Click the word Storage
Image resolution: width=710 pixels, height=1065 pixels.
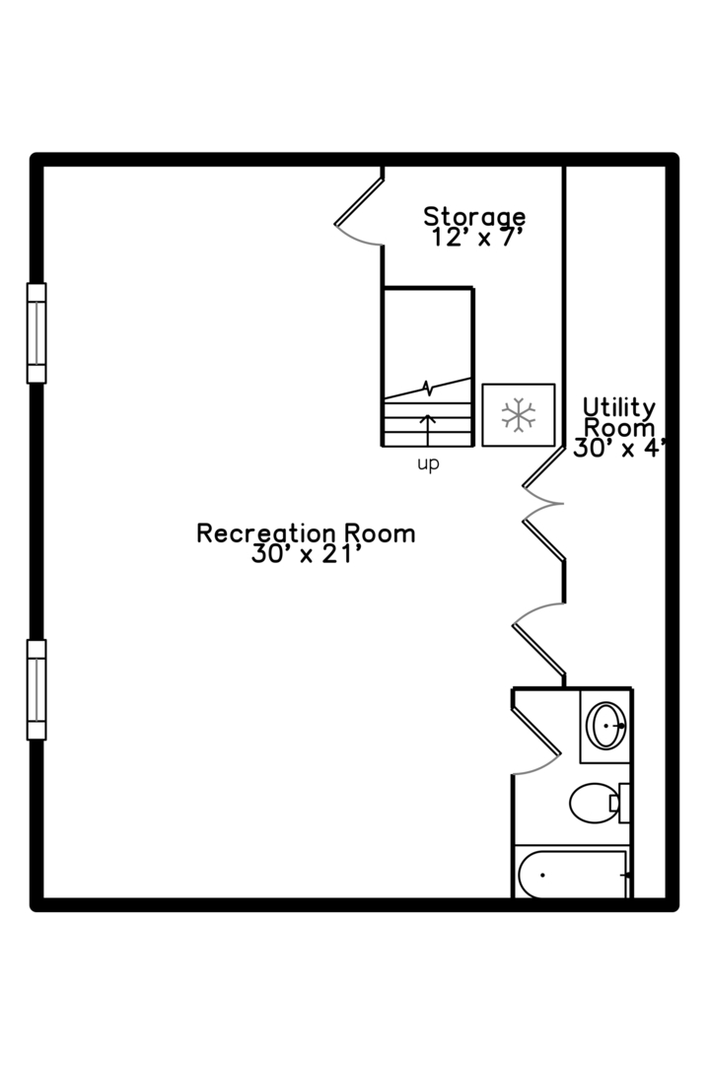tap(474, 217)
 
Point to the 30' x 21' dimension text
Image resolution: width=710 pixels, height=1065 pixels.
tap(305, 554)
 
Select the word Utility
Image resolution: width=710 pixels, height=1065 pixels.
tap(619, 407)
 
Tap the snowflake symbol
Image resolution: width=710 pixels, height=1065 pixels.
tap(519, 415)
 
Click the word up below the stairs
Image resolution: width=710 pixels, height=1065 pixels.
tap(428, 464)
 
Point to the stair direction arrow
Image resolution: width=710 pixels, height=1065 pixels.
tap(427, 429)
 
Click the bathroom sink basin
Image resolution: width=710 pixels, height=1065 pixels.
tap(606, 726)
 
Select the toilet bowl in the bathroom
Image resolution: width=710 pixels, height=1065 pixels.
tap(593, 803)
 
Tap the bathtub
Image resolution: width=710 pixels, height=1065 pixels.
tap(572, 875)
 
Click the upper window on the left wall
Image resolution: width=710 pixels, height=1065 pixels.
tap(36, 333)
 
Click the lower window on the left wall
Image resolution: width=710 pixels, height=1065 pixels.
tap(36, 690)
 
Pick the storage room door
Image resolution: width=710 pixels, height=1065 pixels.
tap(359, 201)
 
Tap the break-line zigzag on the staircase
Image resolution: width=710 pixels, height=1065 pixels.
tap(427, 388)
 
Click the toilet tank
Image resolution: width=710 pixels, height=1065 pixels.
tap(623, 803)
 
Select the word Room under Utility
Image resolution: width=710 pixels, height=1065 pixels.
tap(619, 428)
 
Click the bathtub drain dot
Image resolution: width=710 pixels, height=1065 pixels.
tap(542, 875)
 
